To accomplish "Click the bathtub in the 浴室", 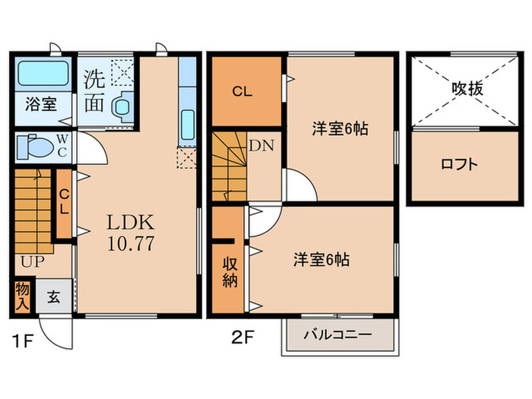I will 41,74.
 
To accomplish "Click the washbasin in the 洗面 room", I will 122,109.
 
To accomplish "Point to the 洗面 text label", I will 95,91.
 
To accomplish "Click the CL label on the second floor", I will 242,92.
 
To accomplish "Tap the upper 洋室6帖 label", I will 340,128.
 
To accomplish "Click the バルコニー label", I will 337,334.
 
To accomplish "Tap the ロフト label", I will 460,163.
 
